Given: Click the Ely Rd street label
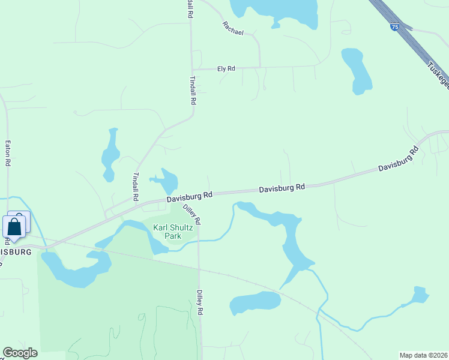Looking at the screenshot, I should point(226,69).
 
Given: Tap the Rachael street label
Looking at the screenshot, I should point(233,28).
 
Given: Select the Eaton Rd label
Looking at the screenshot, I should point(8,153).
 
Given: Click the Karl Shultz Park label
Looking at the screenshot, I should point(167,232).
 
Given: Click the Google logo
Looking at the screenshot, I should point(20,353).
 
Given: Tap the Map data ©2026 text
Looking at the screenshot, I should point(424,355).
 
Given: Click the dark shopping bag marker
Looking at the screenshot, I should point(14,227).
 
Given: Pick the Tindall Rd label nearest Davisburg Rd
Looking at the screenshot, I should point(135,187).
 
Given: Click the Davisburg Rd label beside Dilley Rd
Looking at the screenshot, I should point(190,196).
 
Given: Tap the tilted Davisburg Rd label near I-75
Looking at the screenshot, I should point(398,160).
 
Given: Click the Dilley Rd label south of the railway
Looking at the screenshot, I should point(200,303).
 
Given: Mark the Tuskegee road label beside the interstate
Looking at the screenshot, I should point(438,75).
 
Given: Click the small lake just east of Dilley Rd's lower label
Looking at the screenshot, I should point(255,303).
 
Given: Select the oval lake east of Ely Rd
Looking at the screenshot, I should point(357,71).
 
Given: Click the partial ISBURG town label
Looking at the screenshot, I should point(16,252).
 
